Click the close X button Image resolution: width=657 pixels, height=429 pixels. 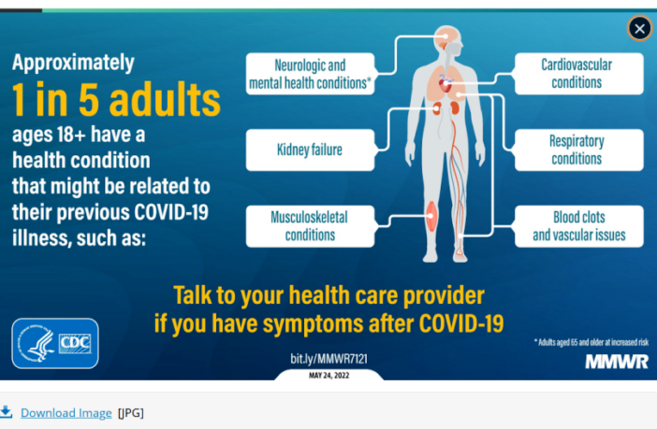(639, 29)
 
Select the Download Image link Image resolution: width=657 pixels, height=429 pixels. (66, 412)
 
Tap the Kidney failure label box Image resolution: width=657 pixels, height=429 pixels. (309, 150)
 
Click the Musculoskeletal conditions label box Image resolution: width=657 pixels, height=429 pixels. (309, 225)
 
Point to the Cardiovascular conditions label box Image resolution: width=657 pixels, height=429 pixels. (577, 74)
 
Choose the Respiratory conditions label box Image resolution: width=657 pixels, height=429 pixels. (577, 150)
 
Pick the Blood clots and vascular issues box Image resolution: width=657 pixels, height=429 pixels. (578, 225)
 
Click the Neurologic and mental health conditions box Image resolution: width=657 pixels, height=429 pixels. (309, 74)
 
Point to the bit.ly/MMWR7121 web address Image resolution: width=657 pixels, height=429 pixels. (328, 359)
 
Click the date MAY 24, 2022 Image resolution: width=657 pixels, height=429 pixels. (328, 375)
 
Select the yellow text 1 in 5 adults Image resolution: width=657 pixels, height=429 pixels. (116, 99)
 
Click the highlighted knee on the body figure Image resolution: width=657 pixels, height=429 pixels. (431, 218)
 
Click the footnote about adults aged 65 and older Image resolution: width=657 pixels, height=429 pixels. (591, 342)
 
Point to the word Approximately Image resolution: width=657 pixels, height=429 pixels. (73, 63)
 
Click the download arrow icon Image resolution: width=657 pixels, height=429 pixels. (7, 411)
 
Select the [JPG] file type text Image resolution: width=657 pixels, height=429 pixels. (130, 412)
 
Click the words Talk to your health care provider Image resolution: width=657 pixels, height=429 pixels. (328, 296)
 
